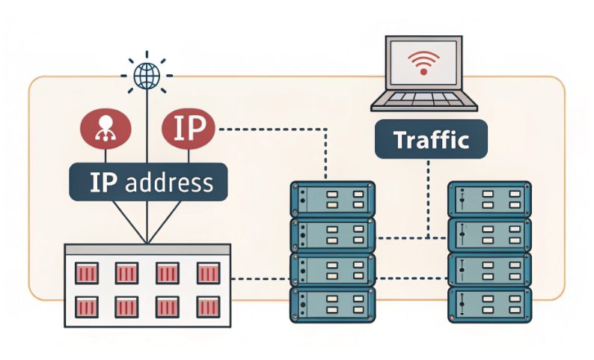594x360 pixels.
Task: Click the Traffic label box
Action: (x=429, y=140)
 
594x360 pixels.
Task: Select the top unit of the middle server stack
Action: (x=332, y=198)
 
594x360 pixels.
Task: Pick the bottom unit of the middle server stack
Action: (x=332, y=306)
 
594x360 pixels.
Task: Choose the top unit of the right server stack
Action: (x=489, y=198)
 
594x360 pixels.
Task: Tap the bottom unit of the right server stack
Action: (x=489, y=306)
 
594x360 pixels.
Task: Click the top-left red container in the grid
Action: (x=87, y=273)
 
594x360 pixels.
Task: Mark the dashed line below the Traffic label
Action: (x=429, y=195)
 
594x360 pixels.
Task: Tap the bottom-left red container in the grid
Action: (x=87, y=306)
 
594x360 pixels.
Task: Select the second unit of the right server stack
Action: (x=489, y=234)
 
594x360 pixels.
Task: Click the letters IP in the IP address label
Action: (x=101, y=183)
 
